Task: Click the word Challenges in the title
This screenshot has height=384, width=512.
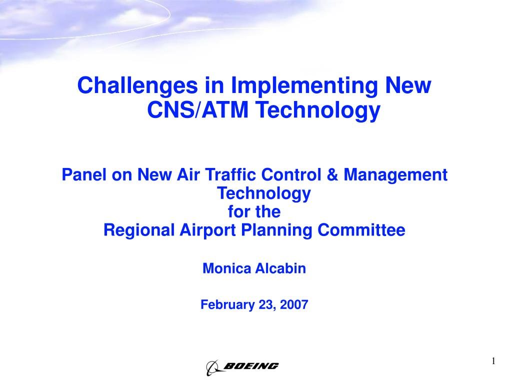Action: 137,86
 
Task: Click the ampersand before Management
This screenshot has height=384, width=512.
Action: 332,174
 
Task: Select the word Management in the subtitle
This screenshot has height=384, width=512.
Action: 395,175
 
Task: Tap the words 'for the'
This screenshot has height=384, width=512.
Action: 254,211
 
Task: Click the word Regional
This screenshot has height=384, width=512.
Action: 139,230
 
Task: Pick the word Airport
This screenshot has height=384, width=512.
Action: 207,230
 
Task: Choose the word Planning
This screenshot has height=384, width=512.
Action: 276,230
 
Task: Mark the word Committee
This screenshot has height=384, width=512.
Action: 361,230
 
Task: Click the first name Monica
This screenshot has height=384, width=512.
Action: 227,268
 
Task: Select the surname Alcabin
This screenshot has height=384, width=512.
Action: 280,268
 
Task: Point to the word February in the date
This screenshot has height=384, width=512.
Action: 227,304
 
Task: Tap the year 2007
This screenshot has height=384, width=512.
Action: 294,304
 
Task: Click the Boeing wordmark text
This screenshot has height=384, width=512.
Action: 251,365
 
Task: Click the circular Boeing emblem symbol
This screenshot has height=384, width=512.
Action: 212,367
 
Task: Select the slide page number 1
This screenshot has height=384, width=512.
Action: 493,361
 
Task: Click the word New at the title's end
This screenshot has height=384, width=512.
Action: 408,85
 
